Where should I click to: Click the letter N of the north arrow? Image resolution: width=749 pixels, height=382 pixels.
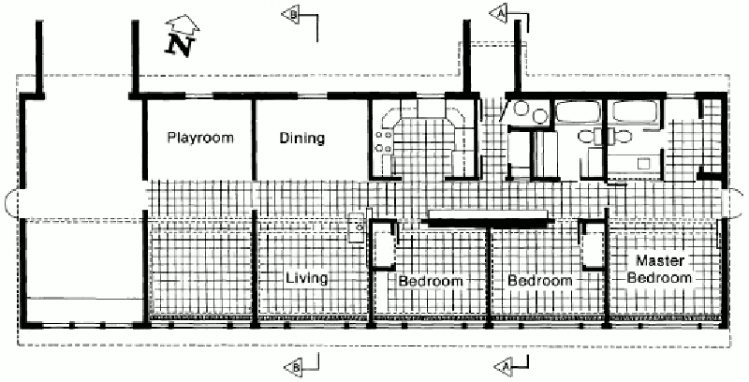(x=180, y=46)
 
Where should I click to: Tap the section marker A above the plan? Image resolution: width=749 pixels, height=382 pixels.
(x=498, y=13)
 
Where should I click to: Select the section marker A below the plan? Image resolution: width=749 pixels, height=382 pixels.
(x=502, y=366)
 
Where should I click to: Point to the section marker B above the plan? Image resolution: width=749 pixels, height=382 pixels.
(x=291, y=14)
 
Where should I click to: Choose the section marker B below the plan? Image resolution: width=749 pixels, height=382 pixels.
(x=293, y=367)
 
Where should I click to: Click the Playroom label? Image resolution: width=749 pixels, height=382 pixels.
(x=200, y=138)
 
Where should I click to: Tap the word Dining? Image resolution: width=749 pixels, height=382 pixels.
(x=301, y=138)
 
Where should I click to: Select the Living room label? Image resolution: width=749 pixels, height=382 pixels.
(x=307, y=278)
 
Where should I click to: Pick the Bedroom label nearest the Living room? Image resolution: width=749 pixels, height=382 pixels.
(x=431, y=281)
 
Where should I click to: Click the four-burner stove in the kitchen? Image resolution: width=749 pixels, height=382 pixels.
(x=384, y=141)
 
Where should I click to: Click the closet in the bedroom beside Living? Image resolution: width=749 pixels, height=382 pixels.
(x=384, y=247)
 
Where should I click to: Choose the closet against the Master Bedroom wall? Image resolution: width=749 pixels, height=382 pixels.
(x=593, y=245)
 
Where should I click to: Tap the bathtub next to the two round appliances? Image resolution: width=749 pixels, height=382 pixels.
(x=578, y=111)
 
